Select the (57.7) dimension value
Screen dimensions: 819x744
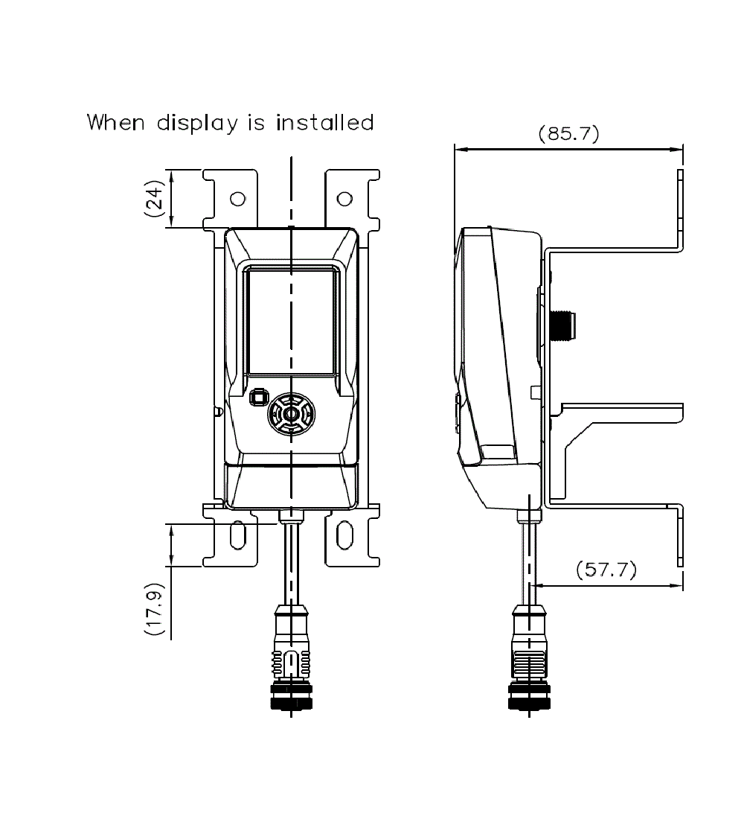606,570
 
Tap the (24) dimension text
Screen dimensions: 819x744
153,198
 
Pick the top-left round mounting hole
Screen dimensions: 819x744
237,199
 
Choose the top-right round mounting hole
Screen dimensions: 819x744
344,199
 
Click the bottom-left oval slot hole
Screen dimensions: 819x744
237,535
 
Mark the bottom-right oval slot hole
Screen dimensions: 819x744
344,535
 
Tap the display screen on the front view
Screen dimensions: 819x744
291,321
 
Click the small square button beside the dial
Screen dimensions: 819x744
258,397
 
